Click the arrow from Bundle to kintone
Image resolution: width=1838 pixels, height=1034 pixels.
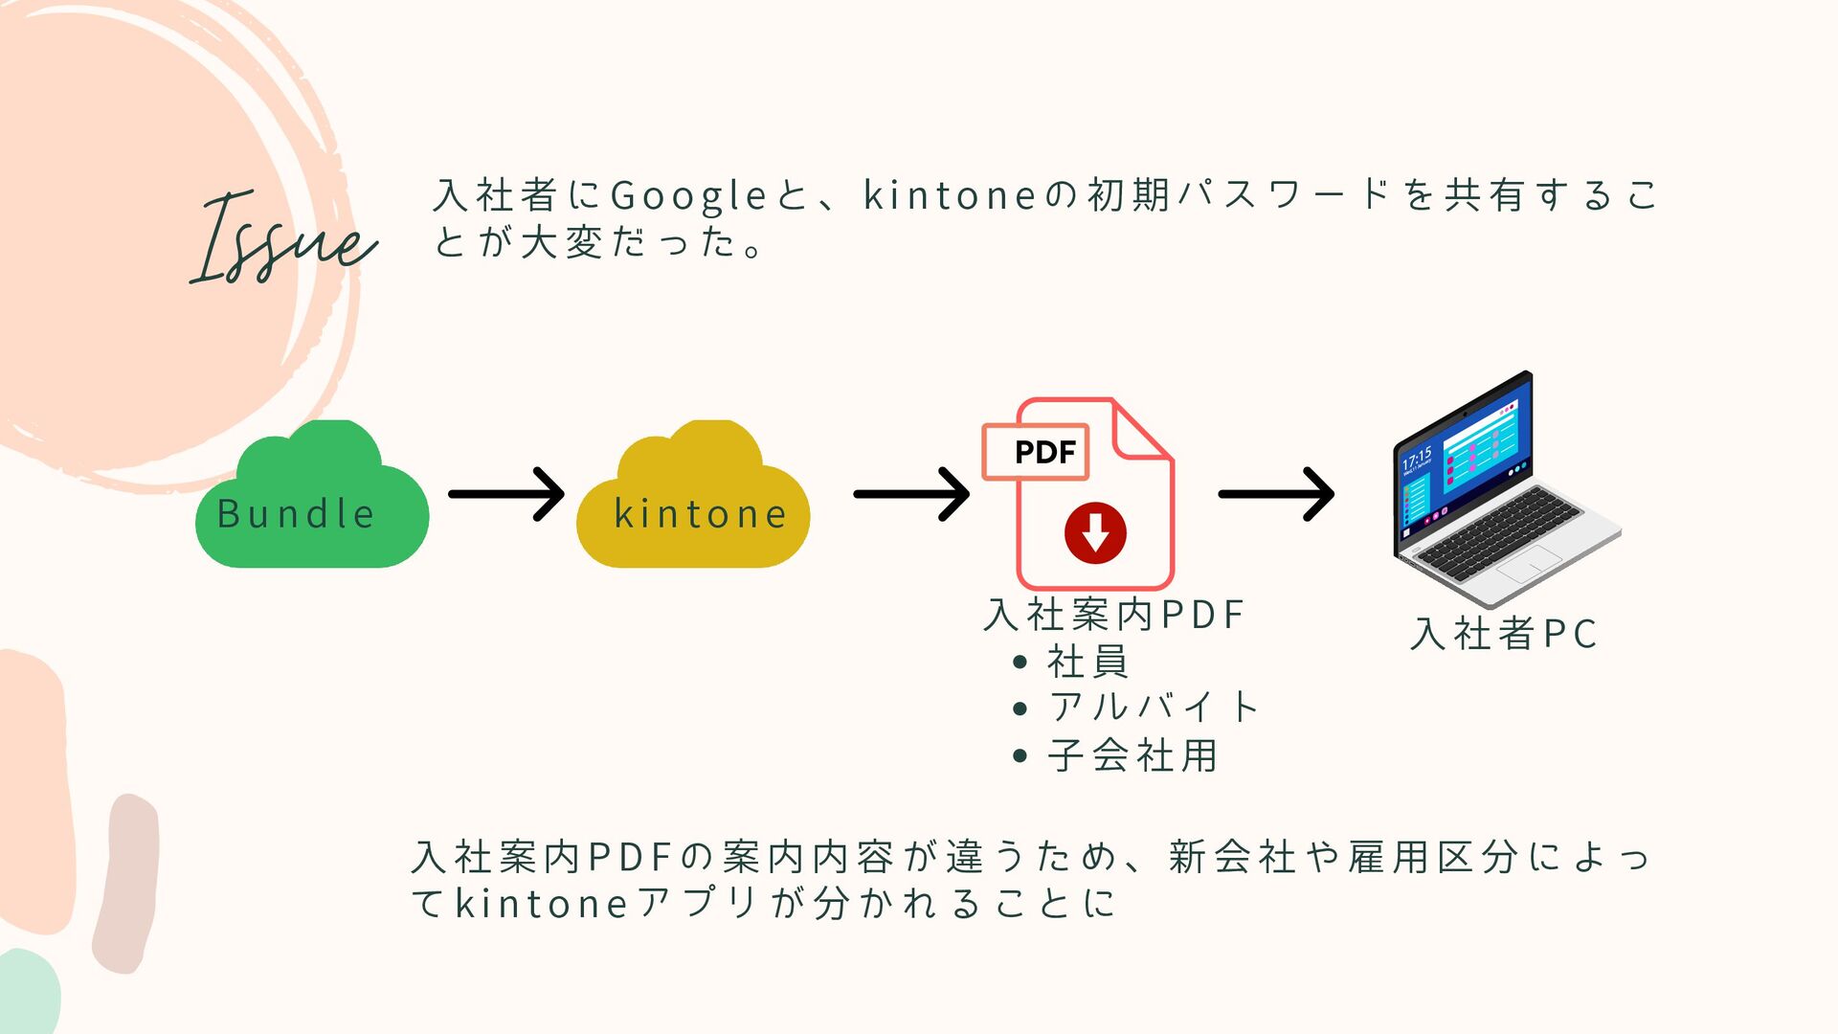click(507, 494)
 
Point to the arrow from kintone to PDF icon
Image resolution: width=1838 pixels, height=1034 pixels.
click(912, 494)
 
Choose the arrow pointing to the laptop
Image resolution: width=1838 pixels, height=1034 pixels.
click(1277, 494)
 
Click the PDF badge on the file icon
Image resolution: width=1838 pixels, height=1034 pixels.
click(1037, 451)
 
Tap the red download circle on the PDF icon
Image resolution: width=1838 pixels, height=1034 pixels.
click(1095, 532)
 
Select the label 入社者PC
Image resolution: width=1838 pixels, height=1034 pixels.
click(1504, 634)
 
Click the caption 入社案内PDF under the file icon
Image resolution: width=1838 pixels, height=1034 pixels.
click(1114, 615)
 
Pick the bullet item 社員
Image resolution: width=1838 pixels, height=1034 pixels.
click(1087, 662)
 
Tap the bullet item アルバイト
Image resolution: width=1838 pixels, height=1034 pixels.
click(1154, 708)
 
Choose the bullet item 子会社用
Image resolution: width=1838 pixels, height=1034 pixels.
click(1132, 755)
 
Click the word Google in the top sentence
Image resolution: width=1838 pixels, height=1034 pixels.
click(688, 196)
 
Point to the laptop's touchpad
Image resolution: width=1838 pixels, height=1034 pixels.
click(1529, 569)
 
